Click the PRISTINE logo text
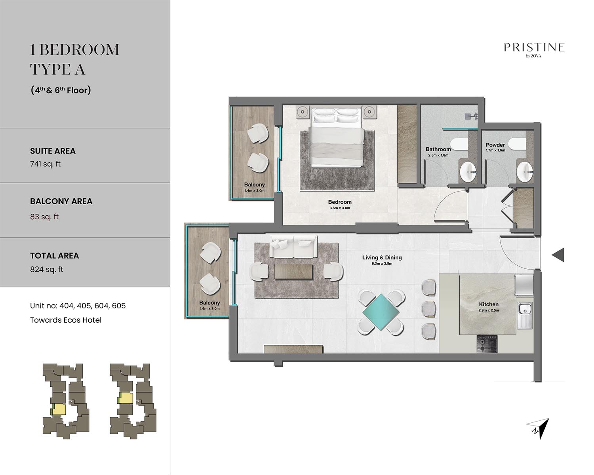pos(534,47)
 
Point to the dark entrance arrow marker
pos(558,255)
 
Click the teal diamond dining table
pos(381,312)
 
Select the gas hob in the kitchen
pos(487,344)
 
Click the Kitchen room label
pos(489,304)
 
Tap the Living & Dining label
pos(382,258)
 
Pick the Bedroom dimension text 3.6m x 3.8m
pos(340,208)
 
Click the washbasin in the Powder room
pos(524,172)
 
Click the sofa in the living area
pos(293,246)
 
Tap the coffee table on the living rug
pos(293,272)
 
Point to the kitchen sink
pos(525,315)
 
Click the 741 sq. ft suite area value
pos(45,164)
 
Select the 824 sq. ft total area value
pos(47,270)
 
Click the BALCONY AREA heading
pos(61,201)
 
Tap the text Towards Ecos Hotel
pos(66,320)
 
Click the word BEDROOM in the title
pos(80,50)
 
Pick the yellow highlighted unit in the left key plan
pos(59,409)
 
